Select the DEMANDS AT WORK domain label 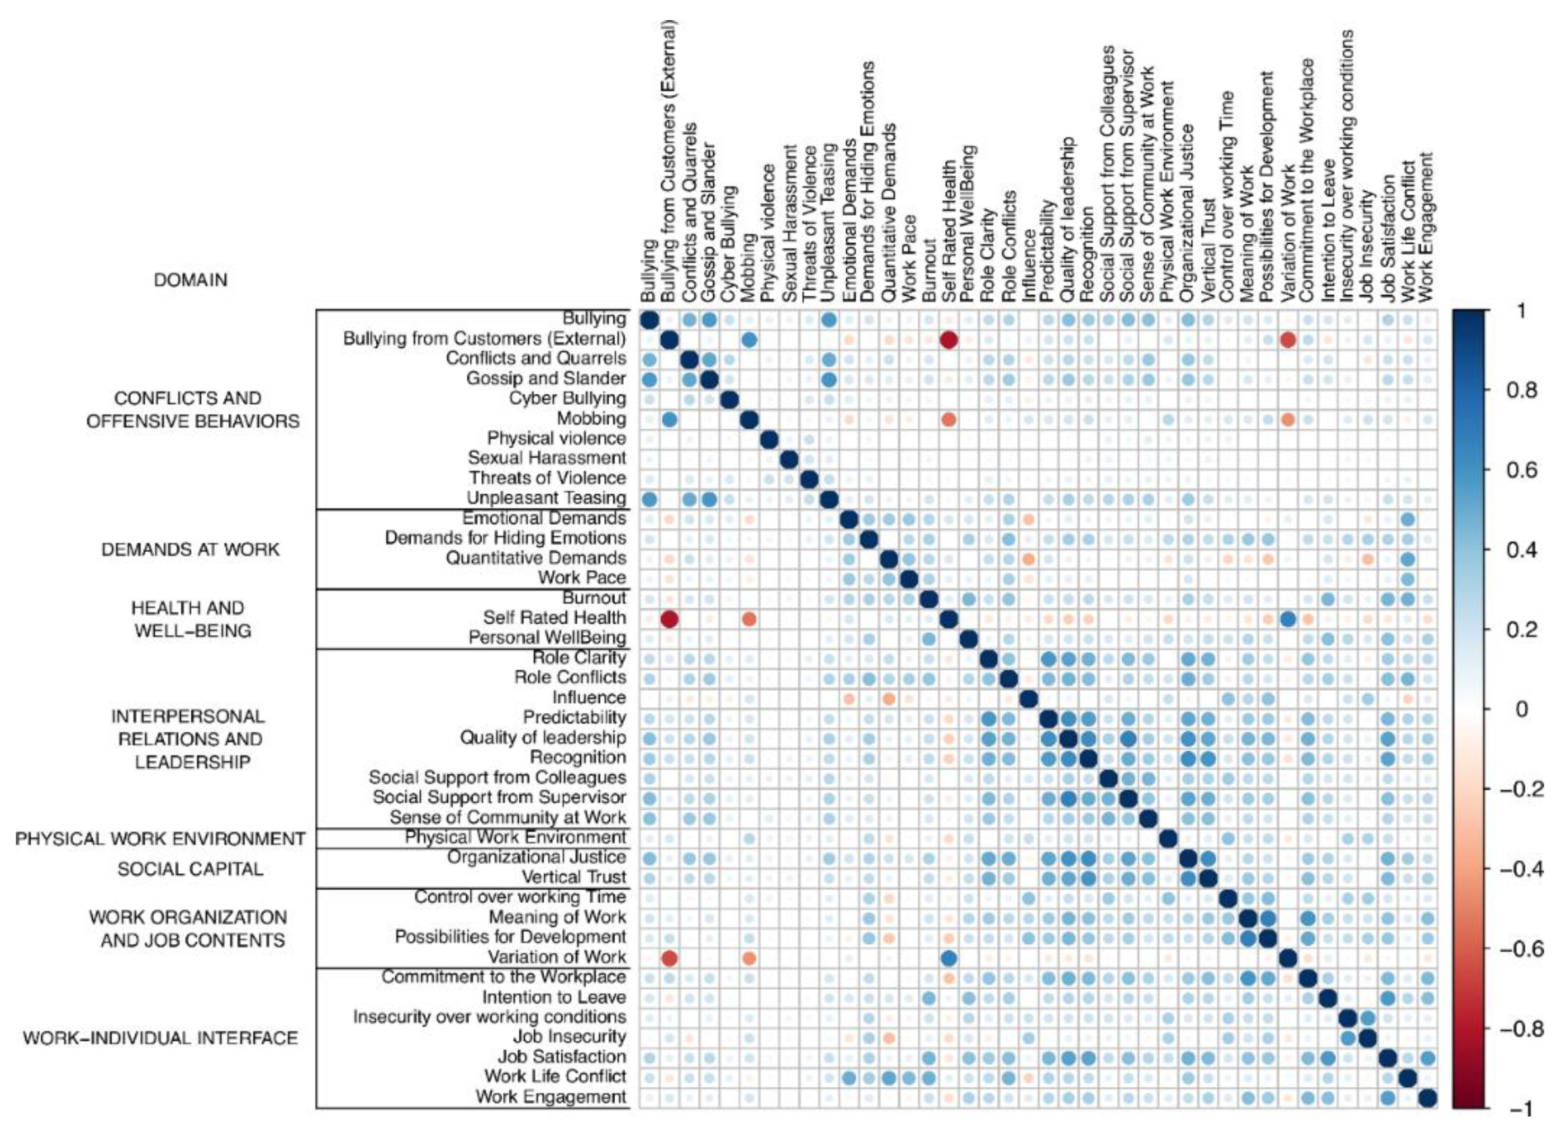(190, 550)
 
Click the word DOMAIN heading (190, 280)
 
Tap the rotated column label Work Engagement (1428, 228)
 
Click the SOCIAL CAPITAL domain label (190, 870)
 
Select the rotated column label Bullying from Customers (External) (668, 163)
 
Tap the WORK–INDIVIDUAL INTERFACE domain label (160, 1039)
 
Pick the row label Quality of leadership (543, 738)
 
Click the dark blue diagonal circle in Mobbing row (749, 419)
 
